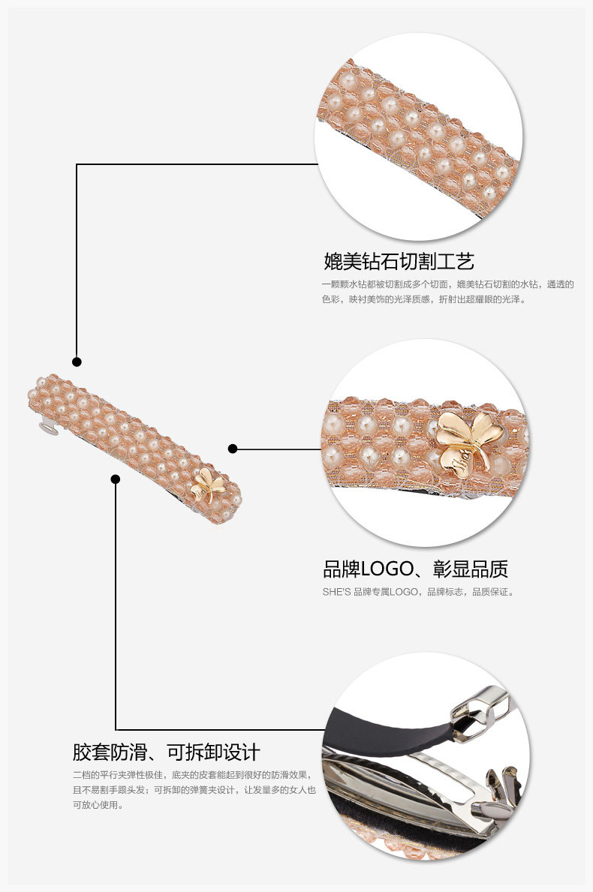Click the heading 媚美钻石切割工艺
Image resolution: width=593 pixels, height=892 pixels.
coord(399,262)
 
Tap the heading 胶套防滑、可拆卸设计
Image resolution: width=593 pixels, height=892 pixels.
coord(167,752)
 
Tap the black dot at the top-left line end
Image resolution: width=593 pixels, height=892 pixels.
coord(77,362)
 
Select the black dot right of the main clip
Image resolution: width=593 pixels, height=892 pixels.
coord(233,449)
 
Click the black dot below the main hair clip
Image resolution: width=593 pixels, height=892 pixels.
coord(116,479)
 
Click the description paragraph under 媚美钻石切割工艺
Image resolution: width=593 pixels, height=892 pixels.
coord(447,292)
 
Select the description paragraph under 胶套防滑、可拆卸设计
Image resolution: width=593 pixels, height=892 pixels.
coord(194,789)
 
